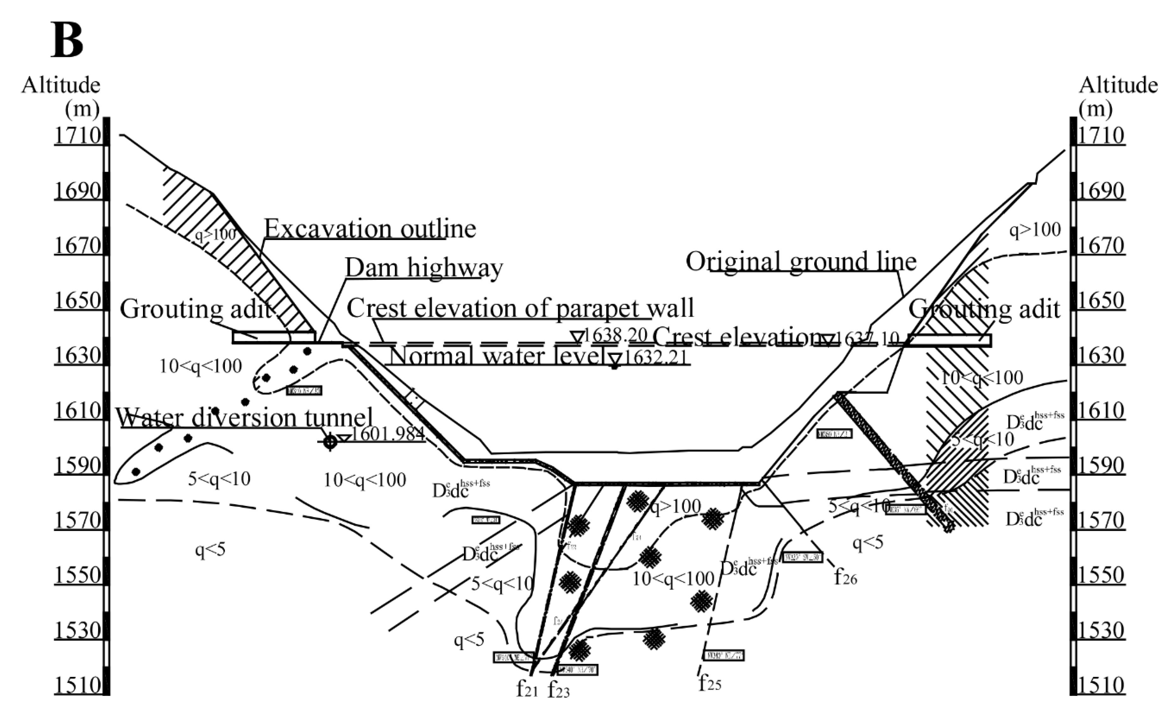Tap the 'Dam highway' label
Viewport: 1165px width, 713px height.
point(424,268)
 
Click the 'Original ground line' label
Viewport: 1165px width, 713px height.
point(801,261)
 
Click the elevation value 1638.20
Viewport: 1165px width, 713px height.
point(615,336)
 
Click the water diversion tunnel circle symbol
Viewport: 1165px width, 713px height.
point(330,442)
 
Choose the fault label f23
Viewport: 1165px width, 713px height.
point(558,690)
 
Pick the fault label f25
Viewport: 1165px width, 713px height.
point(710,683)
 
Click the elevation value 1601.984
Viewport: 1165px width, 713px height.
point(388,434)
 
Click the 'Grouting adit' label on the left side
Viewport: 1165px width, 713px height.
point(196,309)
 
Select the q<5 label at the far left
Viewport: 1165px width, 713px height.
point(210,549)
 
